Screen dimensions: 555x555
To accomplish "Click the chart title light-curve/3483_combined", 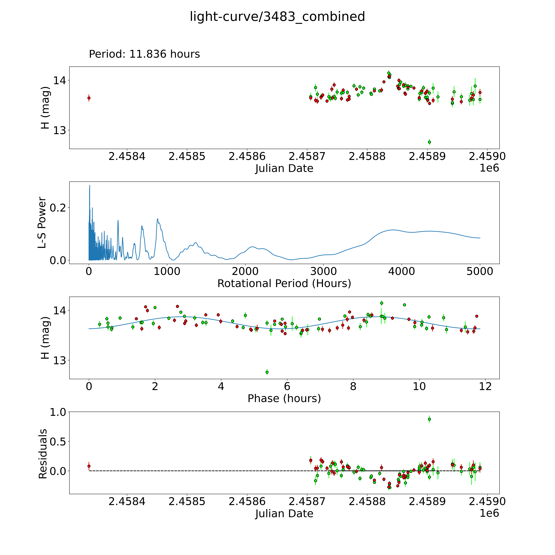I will [277, 17].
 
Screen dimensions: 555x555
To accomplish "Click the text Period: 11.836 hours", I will [144, 54].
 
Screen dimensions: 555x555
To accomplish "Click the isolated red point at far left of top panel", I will [89, 98].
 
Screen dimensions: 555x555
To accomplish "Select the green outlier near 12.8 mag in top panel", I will [429, 142].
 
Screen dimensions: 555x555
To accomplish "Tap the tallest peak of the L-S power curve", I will [90, 186].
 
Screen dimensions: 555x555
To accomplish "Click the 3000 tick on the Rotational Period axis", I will [323, 271].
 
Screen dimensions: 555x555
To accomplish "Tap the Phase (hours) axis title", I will [284, 398].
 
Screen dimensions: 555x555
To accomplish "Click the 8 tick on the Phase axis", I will [353, 386].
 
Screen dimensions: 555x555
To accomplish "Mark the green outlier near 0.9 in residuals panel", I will [429, 419].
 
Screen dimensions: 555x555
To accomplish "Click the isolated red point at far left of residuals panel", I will [89, 466].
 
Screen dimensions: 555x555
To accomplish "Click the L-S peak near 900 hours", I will [157, 219].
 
